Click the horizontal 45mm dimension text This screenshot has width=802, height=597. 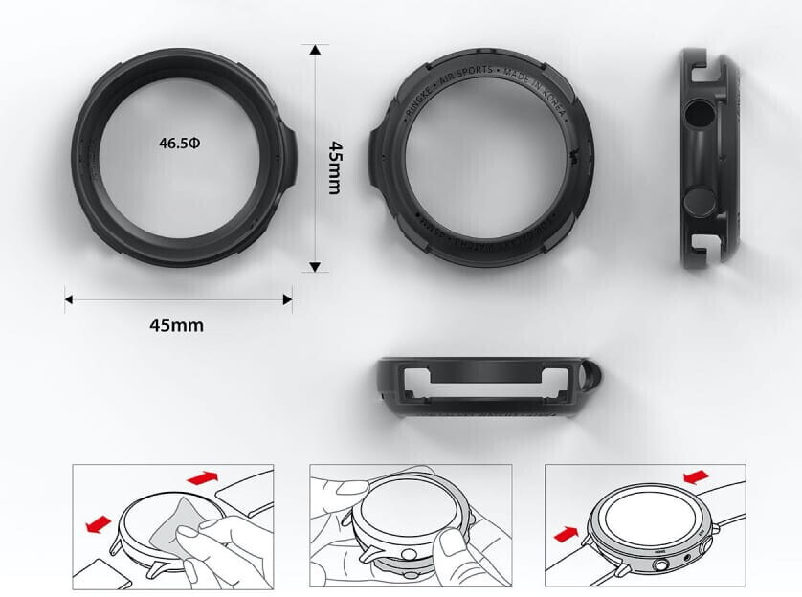176,324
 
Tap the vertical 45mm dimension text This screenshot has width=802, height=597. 334,167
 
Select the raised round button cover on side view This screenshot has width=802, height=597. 700,201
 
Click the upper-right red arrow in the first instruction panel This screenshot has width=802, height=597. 207,476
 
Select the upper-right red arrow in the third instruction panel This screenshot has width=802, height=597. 697,475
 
